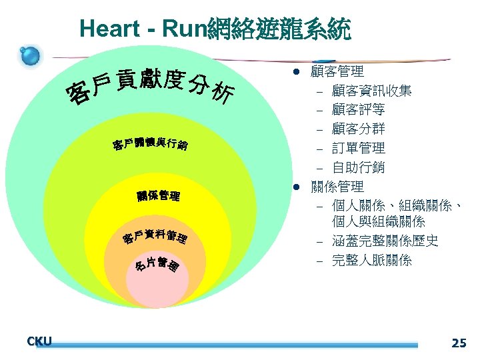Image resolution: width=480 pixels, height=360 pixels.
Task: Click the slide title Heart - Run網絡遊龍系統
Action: coord(214,29)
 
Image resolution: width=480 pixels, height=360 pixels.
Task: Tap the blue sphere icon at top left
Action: coord(30,56)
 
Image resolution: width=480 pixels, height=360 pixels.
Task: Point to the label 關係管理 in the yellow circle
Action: coord(157,196)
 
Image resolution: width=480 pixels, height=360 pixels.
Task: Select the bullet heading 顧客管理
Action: coord(337,71)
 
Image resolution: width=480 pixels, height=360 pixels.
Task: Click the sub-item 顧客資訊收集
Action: coord(371,90)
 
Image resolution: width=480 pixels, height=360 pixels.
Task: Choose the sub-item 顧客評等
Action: coord(358,109)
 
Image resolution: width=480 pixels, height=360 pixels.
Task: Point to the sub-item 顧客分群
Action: coord(358,129)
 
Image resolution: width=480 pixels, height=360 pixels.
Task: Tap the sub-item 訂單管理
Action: coord(358,148)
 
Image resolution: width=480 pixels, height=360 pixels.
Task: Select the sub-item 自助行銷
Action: coord(358,167)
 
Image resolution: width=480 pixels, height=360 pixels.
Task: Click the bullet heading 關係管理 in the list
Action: coord(337,187)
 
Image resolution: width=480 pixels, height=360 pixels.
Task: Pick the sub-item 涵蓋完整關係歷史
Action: coord(385,241)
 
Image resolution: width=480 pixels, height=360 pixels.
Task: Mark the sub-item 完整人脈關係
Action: coord(371,260)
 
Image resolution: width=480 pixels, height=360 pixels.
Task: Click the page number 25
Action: coord(459,343)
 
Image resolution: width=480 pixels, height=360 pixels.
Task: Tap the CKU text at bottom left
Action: coord(39,342)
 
